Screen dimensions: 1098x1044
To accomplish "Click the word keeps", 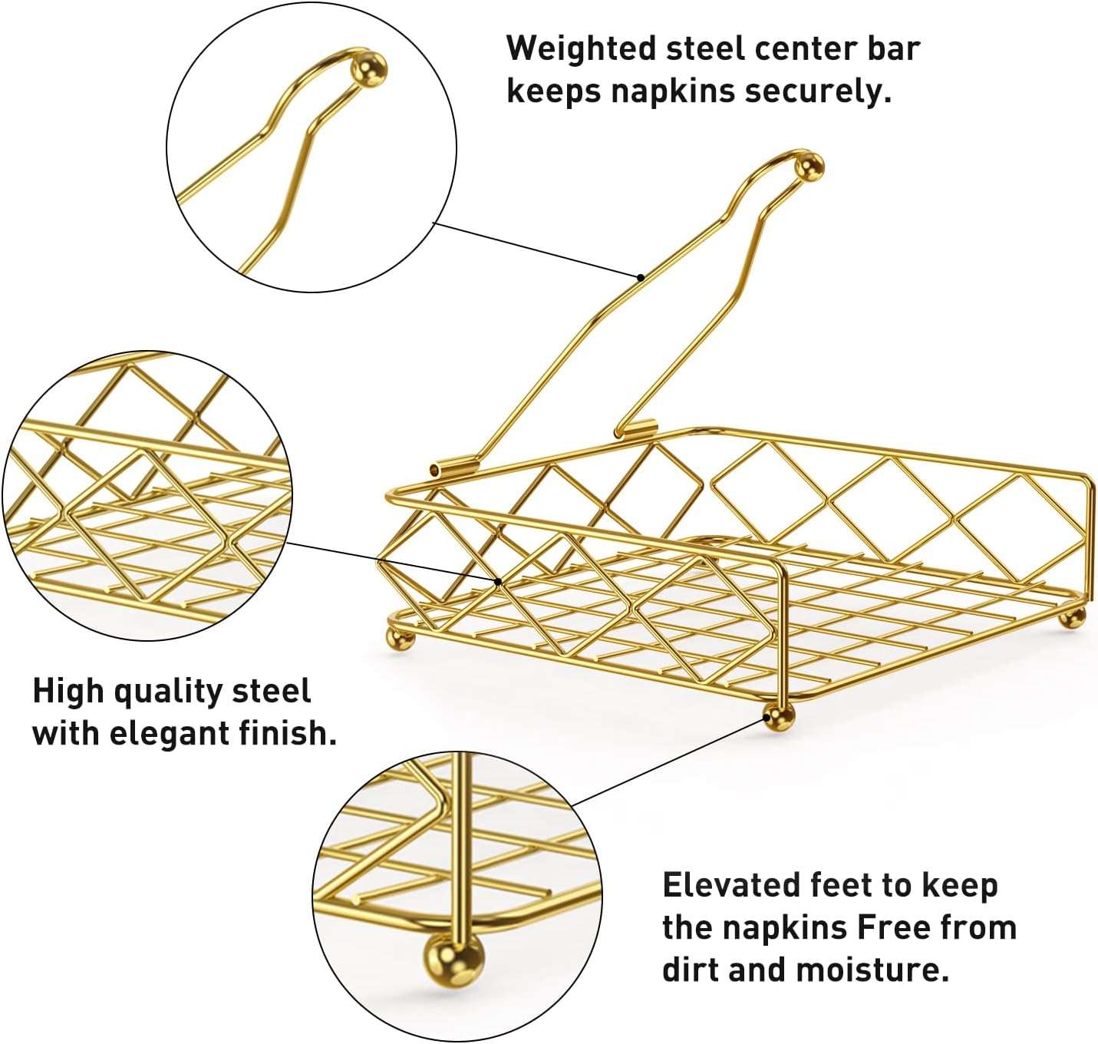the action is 553,92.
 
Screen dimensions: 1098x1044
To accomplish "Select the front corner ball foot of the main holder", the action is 779,718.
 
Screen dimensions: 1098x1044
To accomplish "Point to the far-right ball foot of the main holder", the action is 1071,617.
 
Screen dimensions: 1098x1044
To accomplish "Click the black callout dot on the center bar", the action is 641,277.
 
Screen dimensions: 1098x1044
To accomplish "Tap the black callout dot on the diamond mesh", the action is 498,582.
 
